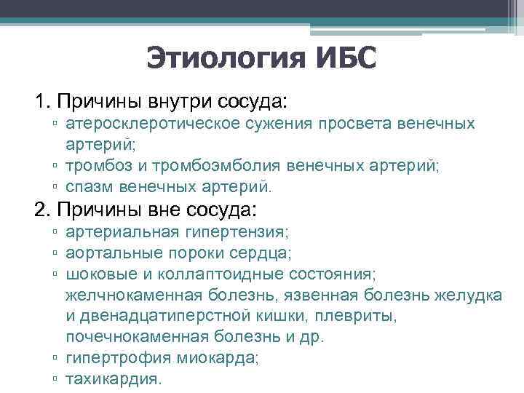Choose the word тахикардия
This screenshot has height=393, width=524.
tap(113, 379)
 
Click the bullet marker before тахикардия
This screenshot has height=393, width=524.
tap(56, 379)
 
